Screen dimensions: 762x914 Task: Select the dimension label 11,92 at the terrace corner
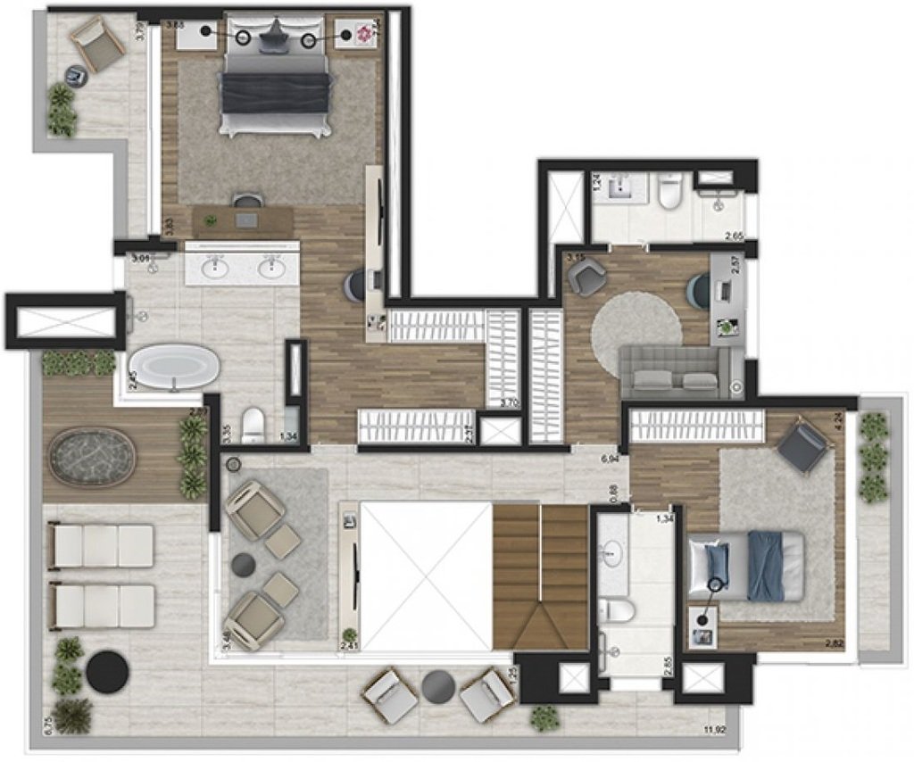click(713, 729)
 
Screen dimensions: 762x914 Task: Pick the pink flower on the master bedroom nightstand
click(363, 34)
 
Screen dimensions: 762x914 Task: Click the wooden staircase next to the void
click(540, 576)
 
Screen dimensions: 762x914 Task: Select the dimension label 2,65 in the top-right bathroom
click(735, 236)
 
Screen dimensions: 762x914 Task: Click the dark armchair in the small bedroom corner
click(802, 445)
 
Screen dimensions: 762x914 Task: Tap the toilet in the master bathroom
click(253, 424)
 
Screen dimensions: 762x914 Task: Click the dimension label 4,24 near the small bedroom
click(838, 419)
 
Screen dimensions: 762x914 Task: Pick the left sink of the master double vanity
click(215, 266)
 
